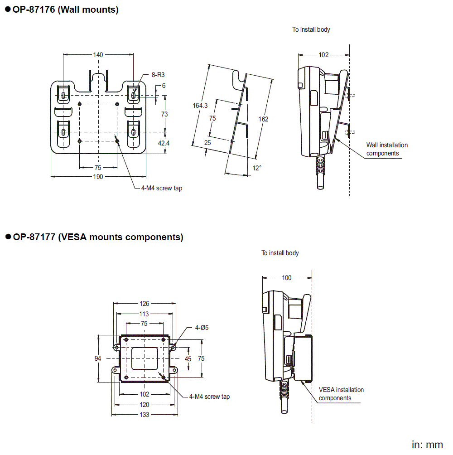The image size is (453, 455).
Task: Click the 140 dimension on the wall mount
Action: click(98, 55)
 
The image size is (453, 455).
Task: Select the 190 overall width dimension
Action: click(98, 177)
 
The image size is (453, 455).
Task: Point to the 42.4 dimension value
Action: click(164, 143)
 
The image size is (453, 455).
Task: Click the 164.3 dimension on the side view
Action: click(200, 106)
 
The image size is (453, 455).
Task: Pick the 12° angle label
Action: click(257, 168)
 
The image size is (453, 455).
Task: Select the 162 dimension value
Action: click(263, 119)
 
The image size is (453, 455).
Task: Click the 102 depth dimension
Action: click(323, 55)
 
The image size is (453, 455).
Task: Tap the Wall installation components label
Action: click(386, 149)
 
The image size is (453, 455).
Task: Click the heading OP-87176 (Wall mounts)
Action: click(65, 10)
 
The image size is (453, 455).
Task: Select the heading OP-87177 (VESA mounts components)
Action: click(97, 237)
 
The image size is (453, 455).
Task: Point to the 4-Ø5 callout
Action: click(202, 327)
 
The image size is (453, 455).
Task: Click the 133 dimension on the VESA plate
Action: click(144, 415)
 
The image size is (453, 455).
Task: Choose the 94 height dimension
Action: click(98, 358)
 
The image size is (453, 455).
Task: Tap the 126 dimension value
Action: click(144, 304)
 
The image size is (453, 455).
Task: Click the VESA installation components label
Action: click(341, 394)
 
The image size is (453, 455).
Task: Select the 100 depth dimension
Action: click(287, 278)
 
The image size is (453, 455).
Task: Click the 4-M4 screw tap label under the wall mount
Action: click(161, 188)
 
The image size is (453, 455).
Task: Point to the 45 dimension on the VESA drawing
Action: click(188, 358)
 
